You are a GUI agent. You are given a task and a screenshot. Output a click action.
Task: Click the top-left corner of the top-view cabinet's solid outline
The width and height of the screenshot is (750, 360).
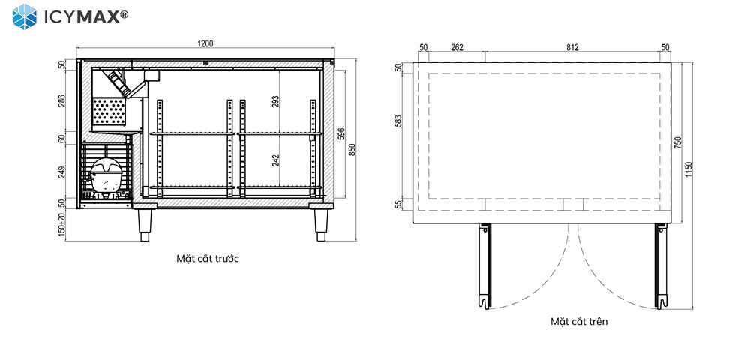point(413,62)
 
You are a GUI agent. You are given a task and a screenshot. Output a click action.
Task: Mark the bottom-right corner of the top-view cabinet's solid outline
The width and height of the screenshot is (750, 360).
point(670,223)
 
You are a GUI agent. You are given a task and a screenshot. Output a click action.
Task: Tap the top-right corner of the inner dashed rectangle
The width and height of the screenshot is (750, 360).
point(659,73)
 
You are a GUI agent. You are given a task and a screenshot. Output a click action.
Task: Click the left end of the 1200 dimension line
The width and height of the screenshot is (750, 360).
point(76,48)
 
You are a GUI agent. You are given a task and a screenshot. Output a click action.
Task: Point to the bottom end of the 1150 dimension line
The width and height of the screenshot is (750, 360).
point(692,308)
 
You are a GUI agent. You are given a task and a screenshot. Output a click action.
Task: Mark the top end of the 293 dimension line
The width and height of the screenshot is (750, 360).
point(279,69)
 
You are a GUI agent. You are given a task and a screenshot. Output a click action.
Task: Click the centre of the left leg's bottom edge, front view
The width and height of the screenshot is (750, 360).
point(145,241)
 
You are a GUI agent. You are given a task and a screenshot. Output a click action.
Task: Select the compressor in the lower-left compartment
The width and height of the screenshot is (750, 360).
point(106,176)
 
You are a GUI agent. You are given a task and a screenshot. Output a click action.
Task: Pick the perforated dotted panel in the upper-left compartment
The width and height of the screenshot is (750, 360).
point(109,112)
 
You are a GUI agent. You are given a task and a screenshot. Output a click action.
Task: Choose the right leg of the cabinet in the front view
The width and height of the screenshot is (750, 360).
point(321,225)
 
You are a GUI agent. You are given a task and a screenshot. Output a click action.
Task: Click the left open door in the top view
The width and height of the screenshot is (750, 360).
point(485,265)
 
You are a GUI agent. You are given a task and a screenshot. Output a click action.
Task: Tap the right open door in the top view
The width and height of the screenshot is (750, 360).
point(661,265)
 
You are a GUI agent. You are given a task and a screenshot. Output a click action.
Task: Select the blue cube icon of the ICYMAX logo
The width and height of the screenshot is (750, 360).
point(25,16)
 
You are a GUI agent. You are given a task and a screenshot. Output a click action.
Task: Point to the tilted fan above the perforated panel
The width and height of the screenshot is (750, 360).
point(119,82)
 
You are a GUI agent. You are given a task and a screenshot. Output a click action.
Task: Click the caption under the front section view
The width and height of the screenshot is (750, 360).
point(208,259)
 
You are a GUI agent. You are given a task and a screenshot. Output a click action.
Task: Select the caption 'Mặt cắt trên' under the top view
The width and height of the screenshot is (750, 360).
point(579,321)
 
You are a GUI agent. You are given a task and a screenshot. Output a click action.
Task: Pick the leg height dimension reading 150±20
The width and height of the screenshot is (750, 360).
point(61,227)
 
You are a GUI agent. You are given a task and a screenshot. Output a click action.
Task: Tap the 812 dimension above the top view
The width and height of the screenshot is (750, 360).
point(572,47)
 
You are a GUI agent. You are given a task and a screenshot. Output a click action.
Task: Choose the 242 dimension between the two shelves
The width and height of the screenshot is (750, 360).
point(275,160)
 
